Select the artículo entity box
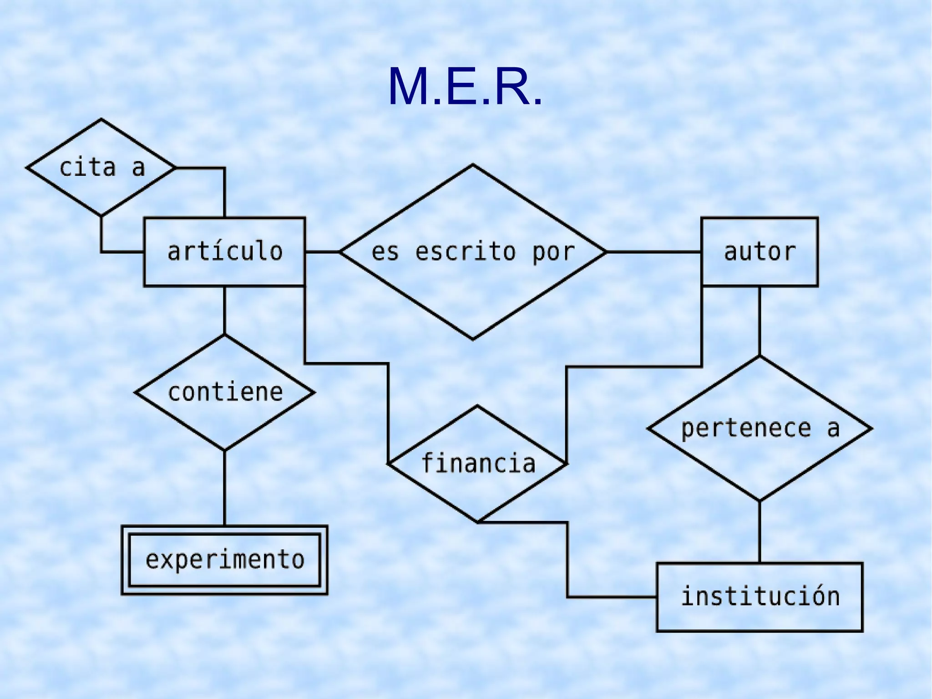point(224,252)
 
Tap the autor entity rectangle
point(759,252)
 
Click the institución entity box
point(759,597)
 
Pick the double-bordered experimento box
point(224,560)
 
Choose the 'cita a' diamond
point(101,168)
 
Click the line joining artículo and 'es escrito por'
point(322,252)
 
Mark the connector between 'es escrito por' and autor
point(653,252)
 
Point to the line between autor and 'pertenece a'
point(759,321)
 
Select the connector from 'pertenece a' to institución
point(759,532)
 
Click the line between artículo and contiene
point(224,310)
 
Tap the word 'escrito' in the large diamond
point(466,252)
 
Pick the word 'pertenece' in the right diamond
point(746,429)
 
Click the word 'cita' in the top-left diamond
point(87,168)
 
